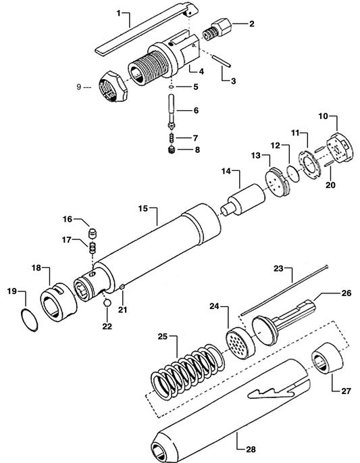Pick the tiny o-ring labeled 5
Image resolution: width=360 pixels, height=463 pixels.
[174, 87]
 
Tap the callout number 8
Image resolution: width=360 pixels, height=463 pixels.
[197, 150]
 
